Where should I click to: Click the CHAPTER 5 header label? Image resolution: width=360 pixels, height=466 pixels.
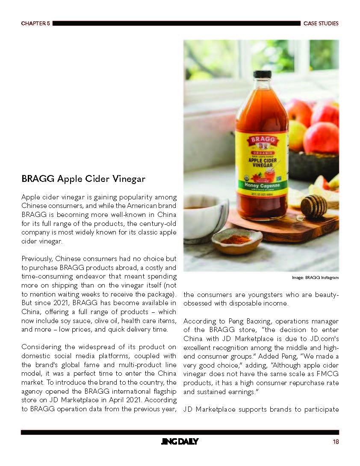35,24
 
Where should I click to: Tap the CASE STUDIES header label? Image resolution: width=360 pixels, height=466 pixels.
321,24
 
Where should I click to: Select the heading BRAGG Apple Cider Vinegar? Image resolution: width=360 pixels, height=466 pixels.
83,178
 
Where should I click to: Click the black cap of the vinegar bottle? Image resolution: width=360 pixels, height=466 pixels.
262,74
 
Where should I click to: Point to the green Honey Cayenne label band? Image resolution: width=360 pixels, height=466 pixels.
262,185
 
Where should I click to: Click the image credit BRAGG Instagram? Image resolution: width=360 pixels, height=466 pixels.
315,278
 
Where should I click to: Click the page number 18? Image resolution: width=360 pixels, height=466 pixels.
336,442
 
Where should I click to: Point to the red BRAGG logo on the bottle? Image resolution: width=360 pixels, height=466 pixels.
262,140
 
